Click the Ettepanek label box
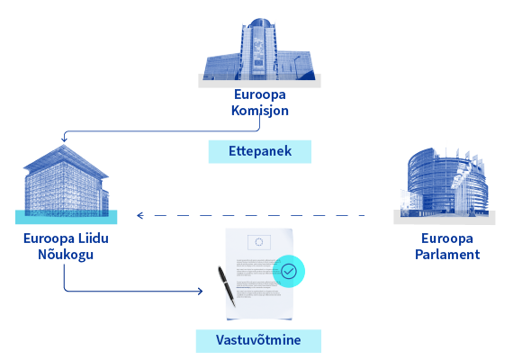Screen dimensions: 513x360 (x=260, y=151)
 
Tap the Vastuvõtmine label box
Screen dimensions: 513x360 (x=258, y=341)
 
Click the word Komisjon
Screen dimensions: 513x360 (x=260, y=111)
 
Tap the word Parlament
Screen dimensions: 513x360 (x=447, y=255)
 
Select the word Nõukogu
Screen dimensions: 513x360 (x=66, y=255)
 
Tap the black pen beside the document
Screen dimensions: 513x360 (x=227, y=286)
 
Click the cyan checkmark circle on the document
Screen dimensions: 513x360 (x=289, y=271)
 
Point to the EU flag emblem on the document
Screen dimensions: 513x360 (x=259, y=242)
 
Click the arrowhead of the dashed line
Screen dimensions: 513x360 (x=140, y=215)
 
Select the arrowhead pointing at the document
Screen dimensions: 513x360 (x=200, y=291)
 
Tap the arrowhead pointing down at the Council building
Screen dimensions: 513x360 (x=64, y=139)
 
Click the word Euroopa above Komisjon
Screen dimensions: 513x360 (x=260, y=94)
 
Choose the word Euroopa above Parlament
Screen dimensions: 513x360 (x=447, y=238)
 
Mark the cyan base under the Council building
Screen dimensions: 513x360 (x=66, y=217)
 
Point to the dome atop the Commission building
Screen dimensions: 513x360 (x=259, y=22)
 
